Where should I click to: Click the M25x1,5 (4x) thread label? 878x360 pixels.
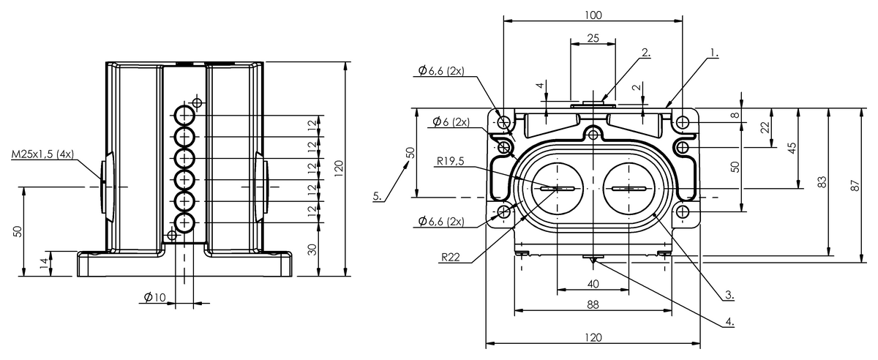coord(42,154)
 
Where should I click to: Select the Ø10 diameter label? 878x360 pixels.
coord(155,297)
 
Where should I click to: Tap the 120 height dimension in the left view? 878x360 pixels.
coord(339,168)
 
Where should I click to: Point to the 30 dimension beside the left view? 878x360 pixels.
coord(312,250)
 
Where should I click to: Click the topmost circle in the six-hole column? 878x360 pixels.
coord(184,116)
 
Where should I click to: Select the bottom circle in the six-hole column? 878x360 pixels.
coord(184,222)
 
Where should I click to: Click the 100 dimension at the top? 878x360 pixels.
coord(593,15)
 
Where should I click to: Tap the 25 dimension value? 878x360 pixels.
coord(593,38)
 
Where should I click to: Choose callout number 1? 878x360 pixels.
coord(714,53)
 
